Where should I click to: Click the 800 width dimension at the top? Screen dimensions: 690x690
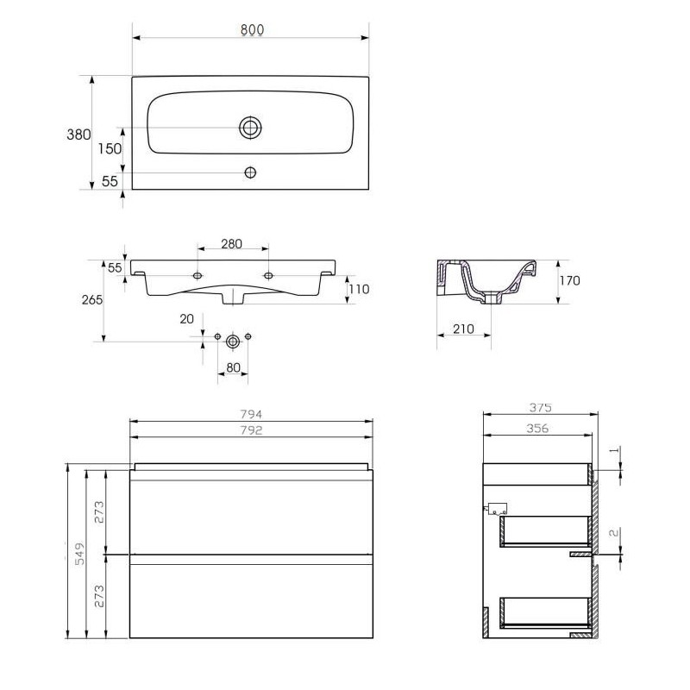pyautogui.click(x=252, y=30)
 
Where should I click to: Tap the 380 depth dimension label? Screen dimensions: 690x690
pyautogui.click(x=78, y=135)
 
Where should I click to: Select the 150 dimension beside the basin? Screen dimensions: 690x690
pyautogui.click(x=110, y=148)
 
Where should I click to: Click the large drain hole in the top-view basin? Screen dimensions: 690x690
pyautogui.click(x=250, y=128)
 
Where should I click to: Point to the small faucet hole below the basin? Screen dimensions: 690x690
pyautogui.click(x=250, y=172)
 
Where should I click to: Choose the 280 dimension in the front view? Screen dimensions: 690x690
pyautogui.click(x=231, y=244)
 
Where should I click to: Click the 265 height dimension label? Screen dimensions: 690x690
pyautogui.click(x=92, y=299)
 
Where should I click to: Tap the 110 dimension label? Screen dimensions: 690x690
pyautogui.click(x=359, y=289)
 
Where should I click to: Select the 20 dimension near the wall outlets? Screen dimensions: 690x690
pyautogui.click(x=186, y=319)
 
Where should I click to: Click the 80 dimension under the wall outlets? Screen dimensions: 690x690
pyautogui.click(x=233, y=367)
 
